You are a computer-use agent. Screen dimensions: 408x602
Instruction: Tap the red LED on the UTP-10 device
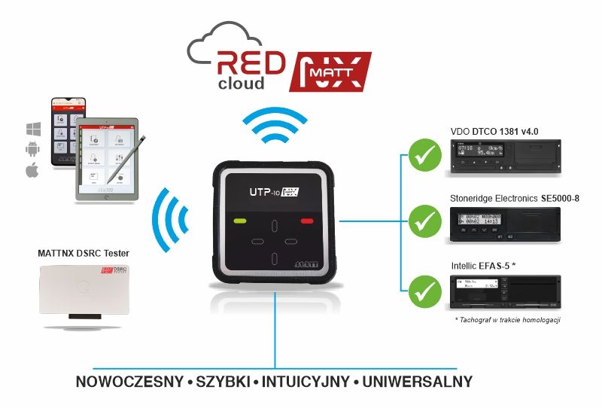pyautogui.click(x=306, y=221)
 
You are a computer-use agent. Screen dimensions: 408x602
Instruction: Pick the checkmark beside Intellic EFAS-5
pyautogui.click(x=424, y=287)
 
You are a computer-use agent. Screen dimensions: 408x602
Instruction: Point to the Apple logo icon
pyautogui.click(x=32, y=171)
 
